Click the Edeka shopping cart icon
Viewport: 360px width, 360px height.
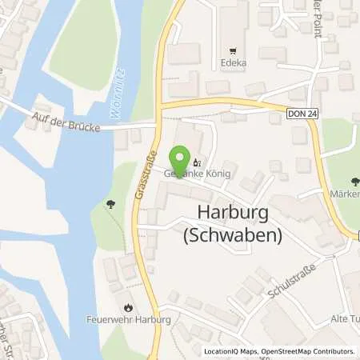[x=233, y=48]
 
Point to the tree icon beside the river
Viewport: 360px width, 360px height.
[x=107, y=204]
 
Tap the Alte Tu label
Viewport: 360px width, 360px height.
[x=342, y=319]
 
